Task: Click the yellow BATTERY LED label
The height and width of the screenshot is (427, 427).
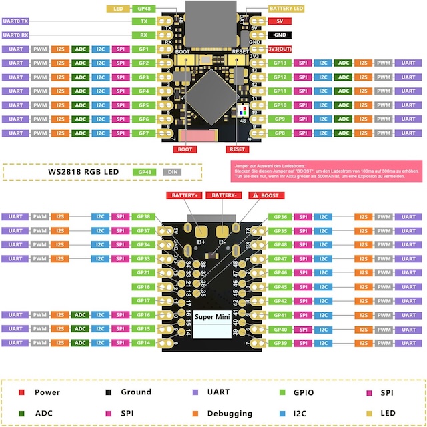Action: click(x=286, y=9)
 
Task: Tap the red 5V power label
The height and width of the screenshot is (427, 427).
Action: click(x=280, y=21)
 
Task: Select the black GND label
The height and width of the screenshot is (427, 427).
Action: click(x=280, y=35)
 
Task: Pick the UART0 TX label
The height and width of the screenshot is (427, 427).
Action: click(x=16, y=21)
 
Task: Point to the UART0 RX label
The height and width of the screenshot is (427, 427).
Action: click(x=16, y=35)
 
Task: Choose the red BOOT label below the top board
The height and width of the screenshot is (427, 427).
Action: click(x=185, y=149)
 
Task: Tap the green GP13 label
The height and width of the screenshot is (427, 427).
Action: click(x=280, y=63)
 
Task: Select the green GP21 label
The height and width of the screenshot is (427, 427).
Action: click(x=143, y=272)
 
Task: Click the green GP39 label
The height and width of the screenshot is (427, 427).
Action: click(x=280, y=342)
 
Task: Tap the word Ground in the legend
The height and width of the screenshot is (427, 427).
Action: click(x=136, y=392)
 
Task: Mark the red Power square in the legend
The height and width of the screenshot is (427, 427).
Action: click(x=22, y=392)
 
